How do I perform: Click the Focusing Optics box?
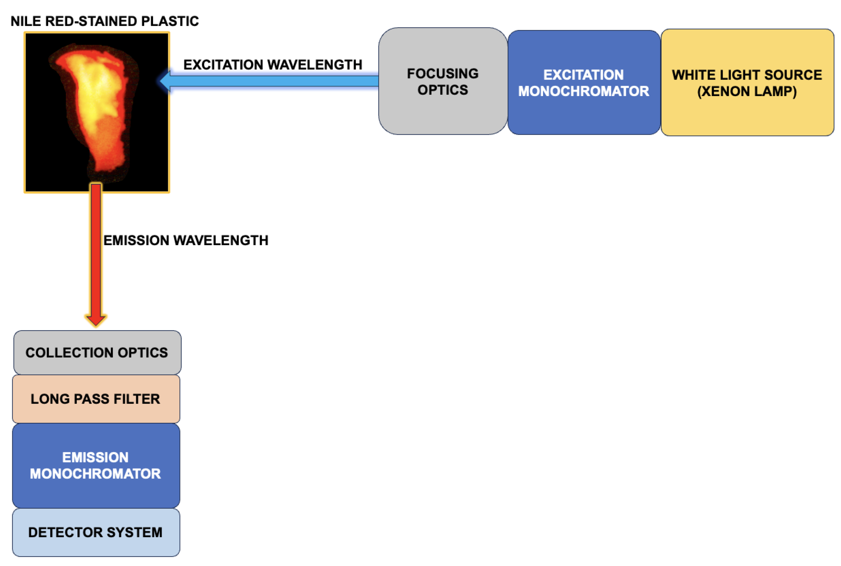click(x=442, y=81)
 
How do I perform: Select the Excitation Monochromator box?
click(x=584, y=83)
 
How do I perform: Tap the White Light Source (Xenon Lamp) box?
click(x=747, y=83)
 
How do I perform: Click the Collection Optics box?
click(x=97, y=353)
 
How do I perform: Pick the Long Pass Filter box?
click(x=96, y=399)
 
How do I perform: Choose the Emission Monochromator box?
click(x=96, y=465)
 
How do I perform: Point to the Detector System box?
click(x=96, y=533)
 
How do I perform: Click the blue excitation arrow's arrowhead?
click(x=166, y=81)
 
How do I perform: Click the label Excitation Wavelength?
click(x=273, y=65)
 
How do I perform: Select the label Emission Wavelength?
click(x=186, y=240)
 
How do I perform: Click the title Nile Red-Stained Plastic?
click(x=105, y=21)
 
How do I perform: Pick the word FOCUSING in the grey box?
click(x=442, y=74)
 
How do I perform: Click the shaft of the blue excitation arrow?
click(x=274, y=81)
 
